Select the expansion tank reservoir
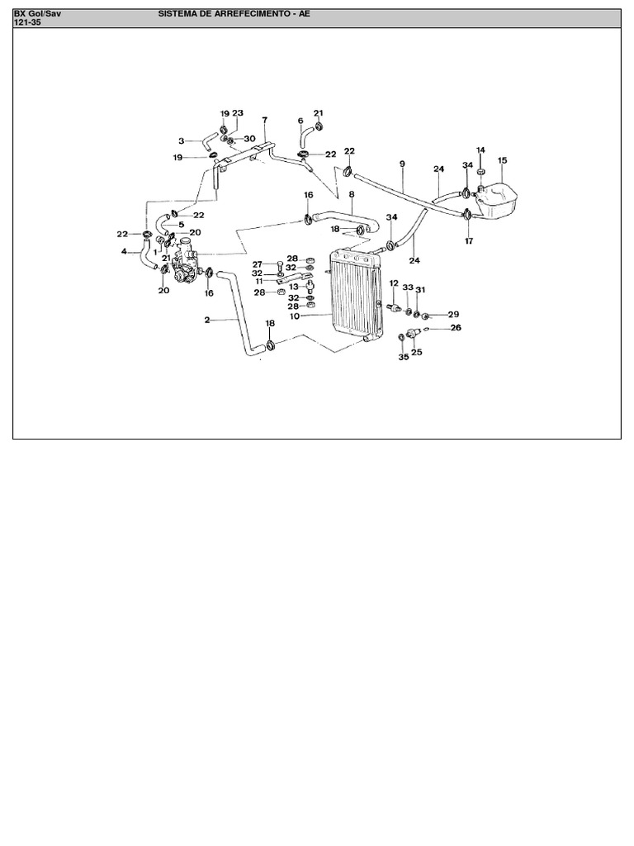pyautogui.click(x=495, y=202)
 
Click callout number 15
pyautogui.click(x=503, y=160)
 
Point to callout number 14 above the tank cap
pyautogui.click(x=480, y=150)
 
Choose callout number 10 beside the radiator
pyautogui.click(x=295, y=316)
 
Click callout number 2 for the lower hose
pyautogui.click(x=207, y=320)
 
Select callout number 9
pyautogui.click(x=402, y=164)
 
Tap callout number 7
pyautogui.click(x=265, y=119)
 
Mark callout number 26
pyautogui.click(x=456, y=327)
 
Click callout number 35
pyautogui.click(x=404, y=357)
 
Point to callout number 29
pyautogui.click(x=453, y=315)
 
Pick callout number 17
pyautogui.click(x=469, y=240)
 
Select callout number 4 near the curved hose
pyautogui.click(x=124, y=251)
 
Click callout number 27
pyautogui.click(x=258, y=264)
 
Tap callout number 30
pyautogui.click(x=249, y=139)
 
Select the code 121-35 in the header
pyautogui.click(x=27, y=22)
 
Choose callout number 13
pyautogui.click(x=294, y=287)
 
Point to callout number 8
pyautogui.click(x=352, y=193)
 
